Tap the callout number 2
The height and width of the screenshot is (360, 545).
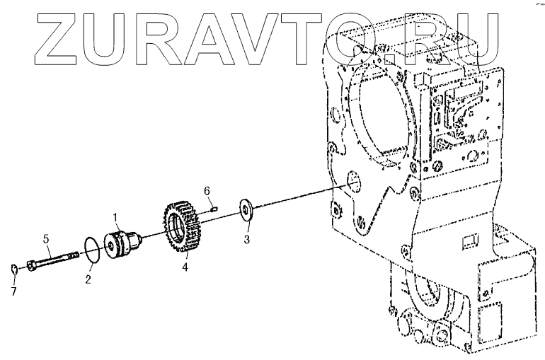88,279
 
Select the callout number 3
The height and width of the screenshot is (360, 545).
246,238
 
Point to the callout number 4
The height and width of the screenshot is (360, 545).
185,267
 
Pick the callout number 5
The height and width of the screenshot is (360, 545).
47,239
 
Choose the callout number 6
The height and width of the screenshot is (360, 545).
207,191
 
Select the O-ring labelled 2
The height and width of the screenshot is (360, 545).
90,251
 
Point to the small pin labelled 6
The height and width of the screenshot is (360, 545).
214,207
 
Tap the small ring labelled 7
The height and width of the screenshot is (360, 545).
16,268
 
